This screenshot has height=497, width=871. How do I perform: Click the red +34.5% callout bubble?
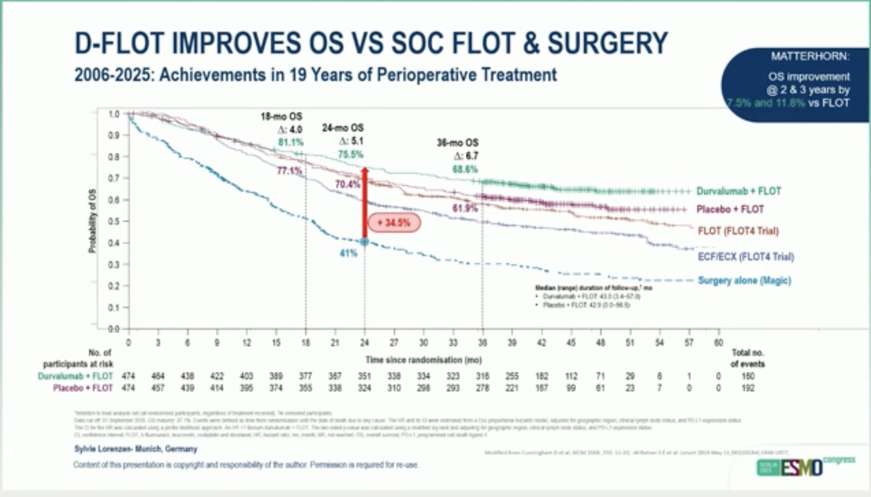pos(394,223)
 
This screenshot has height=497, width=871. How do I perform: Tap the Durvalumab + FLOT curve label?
pos(738,191)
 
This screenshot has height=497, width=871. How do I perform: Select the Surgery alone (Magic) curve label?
pos(744,280)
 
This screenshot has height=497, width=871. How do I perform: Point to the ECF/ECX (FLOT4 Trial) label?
pos(745,257)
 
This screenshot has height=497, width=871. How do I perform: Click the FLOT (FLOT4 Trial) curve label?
pos(738,231)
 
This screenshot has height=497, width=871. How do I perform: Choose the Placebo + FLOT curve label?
pos(730,210)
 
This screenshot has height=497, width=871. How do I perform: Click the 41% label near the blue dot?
pos(348,253)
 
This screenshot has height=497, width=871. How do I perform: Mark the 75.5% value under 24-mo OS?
pos(351,154)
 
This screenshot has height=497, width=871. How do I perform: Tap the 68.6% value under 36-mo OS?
pos(465,169)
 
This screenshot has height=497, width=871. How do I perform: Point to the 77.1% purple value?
pos(289,171)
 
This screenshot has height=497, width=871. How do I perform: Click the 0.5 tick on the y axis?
pos(113,221)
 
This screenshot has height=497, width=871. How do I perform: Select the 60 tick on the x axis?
pos(718,343)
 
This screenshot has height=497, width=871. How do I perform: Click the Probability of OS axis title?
pos(92,221)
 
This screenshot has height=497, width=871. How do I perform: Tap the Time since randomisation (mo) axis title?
pos(423,359)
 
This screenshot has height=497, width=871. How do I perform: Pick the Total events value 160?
pos(748,376)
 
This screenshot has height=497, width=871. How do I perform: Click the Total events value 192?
pos(748,388)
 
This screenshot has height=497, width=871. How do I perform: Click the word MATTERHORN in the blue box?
pos(809,56)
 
